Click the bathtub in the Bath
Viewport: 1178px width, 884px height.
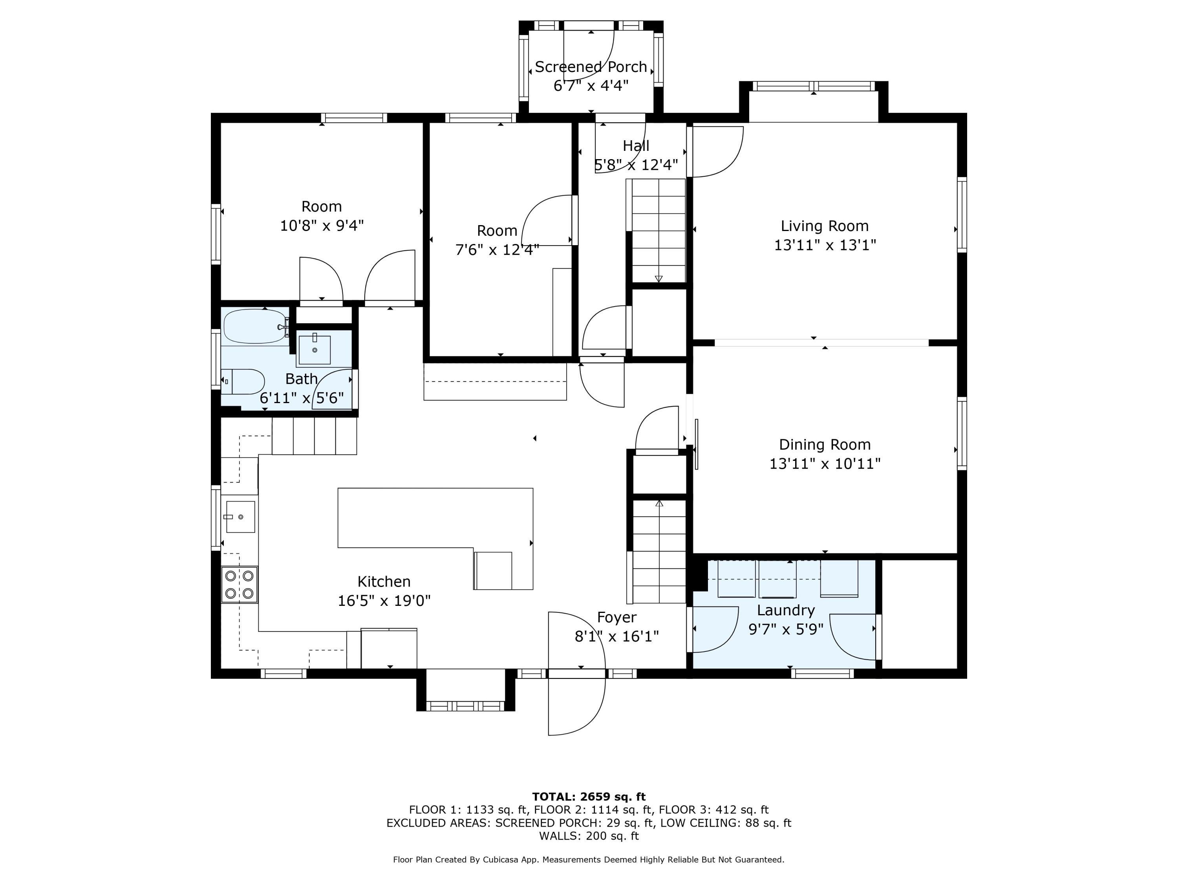pyautogui.click(x=255, y=326)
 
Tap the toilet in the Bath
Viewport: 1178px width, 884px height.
pyautogui.click(x=243, y=381)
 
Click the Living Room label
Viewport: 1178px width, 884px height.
pyautogui.click(x=824, y=226)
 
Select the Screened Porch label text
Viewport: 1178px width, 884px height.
pyautogui.click(x=591, y=67)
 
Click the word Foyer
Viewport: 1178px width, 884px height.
pyautogui.click(x=617, y=618)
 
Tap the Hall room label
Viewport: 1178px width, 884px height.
pyautogui.click(x=636, y=145)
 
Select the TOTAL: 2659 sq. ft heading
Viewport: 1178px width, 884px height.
pyautogui.click(x=589, y=797)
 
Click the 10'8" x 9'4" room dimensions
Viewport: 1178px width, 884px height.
pyautogui.click(x=322, y=226)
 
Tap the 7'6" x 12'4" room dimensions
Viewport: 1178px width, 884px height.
pyautogui.click(x=497, y=249)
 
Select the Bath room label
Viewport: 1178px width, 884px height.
pyautogui.click(x=302, y=379)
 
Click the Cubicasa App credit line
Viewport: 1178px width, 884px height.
pyautogui.click(x=589, y=860)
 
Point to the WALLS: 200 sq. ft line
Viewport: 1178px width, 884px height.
pyautogui.click(x=589, y=836)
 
